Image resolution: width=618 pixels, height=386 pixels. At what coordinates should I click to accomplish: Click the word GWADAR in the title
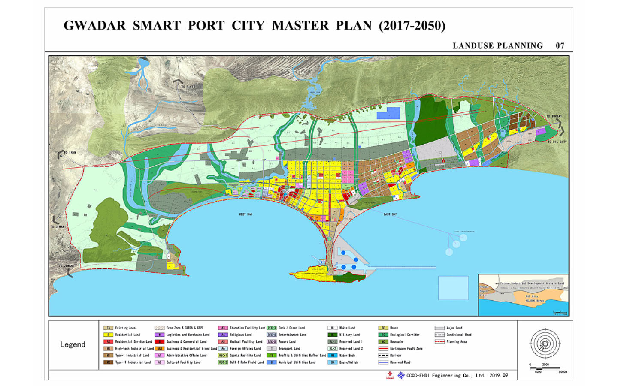(95, 26)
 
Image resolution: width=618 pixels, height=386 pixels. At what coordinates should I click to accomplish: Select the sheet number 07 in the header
(560, 46)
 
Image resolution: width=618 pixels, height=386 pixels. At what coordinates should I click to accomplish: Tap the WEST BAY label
(245, 214)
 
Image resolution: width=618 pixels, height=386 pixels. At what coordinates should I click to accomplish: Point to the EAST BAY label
(390, 214)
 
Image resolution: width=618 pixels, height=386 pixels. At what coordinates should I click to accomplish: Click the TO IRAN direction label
(70, 152)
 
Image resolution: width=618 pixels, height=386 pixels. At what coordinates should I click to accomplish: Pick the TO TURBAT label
(554, 116)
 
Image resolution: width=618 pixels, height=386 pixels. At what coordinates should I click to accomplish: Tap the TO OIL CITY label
(557, 142)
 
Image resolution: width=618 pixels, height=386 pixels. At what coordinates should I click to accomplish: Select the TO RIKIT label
(188, 87)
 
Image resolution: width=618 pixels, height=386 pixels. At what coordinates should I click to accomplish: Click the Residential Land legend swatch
(108, 335)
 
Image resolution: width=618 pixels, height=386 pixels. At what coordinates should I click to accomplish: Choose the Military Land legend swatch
(333, 335)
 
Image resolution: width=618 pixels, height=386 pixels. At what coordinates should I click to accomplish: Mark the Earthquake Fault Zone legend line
(383, 349)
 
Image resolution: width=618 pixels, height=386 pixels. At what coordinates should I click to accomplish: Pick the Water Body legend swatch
(333, 356)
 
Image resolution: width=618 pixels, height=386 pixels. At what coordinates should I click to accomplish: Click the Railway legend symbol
(383, 356)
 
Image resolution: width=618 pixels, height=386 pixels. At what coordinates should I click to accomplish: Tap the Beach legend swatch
(383, 328)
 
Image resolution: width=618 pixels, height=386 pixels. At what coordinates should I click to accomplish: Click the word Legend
(73, 344)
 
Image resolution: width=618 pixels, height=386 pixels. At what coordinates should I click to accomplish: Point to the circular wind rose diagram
(545, 344)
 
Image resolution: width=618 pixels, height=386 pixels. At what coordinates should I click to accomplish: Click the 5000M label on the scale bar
(563, 372)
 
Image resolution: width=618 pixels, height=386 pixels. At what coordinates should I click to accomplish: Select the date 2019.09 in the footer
(499, 375)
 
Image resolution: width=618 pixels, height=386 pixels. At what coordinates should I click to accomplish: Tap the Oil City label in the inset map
(532, 296)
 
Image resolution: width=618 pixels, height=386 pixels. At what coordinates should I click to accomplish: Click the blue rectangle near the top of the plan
(388, 113)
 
